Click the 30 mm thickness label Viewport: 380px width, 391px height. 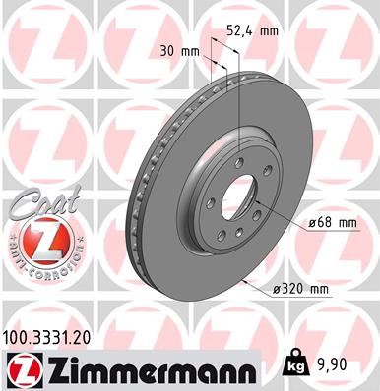point(178,51)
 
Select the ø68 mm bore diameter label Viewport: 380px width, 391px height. point(330,224)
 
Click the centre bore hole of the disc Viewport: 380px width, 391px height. point(236,201)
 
